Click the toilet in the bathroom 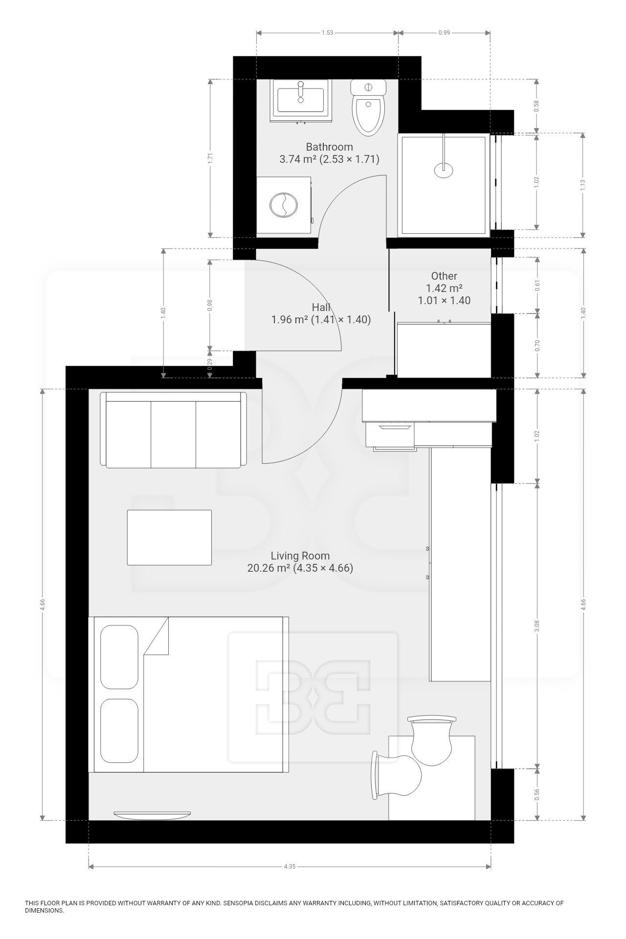(x=368, y=108)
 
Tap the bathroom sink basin (x=301, y=100)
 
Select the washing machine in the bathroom (x=284, y=205)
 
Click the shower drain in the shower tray (x=444, y=169)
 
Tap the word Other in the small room (x=444, y=276)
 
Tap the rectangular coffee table (x=169, y=537)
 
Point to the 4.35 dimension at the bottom (x=290, y=867)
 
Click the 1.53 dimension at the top (x=327, y=33)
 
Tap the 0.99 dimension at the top (x=444, y=33)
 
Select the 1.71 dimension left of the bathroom (x=210, y=158)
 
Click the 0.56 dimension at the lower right (x=537, y=794)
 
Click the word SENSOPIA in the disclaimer (x=238, y=903)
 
